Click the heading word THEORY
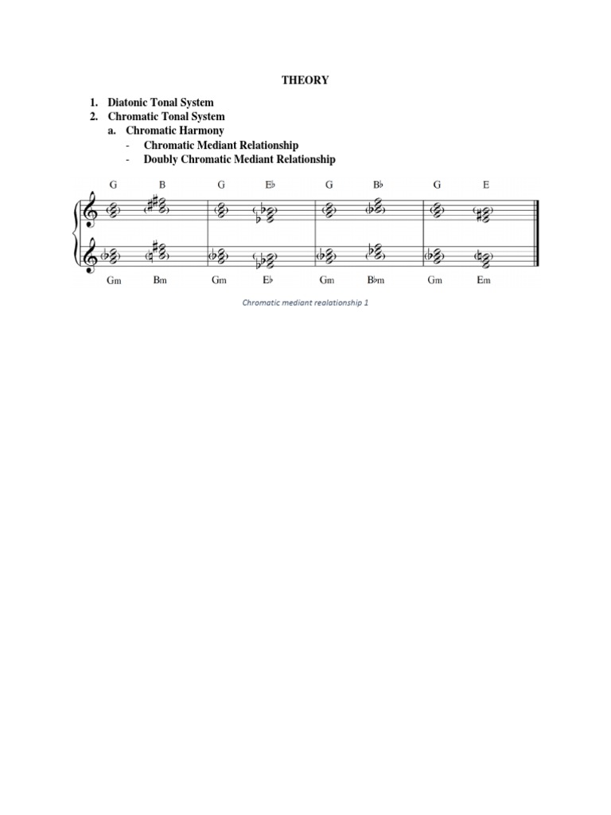tap(305, 80)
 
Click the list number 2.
tap(93, 117)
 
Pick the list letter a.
tap(112, 131)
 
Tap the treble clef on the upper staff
tap(96, 210)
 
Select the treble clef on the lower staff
tap(96, 255)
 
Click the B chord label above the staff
tap(162, 185)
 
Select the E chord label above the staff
tap(486, 185)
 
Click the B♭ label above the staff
tap(379, 185)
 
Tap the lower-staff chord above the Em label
tap(485, 256)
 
